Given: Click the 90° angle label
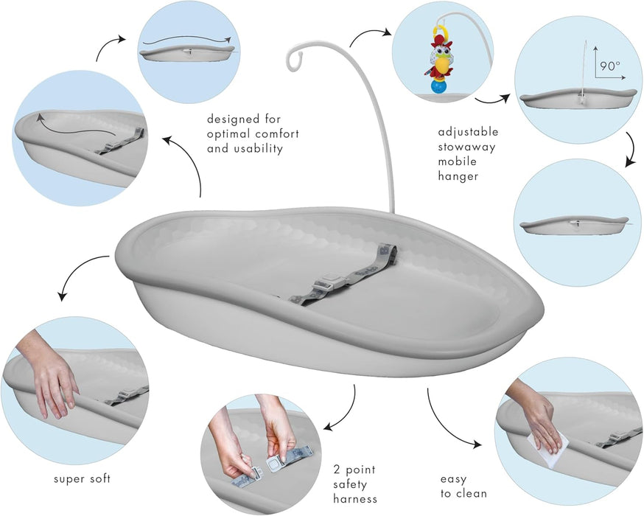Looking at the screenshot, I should pos(609,66).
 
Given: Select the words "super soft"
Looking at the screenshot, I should pos(81,479).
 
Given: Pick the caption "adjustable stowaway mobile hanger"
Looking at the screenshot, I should pos(468,154).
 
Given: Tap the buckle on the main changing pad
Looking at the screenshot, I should pos(325,284).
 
